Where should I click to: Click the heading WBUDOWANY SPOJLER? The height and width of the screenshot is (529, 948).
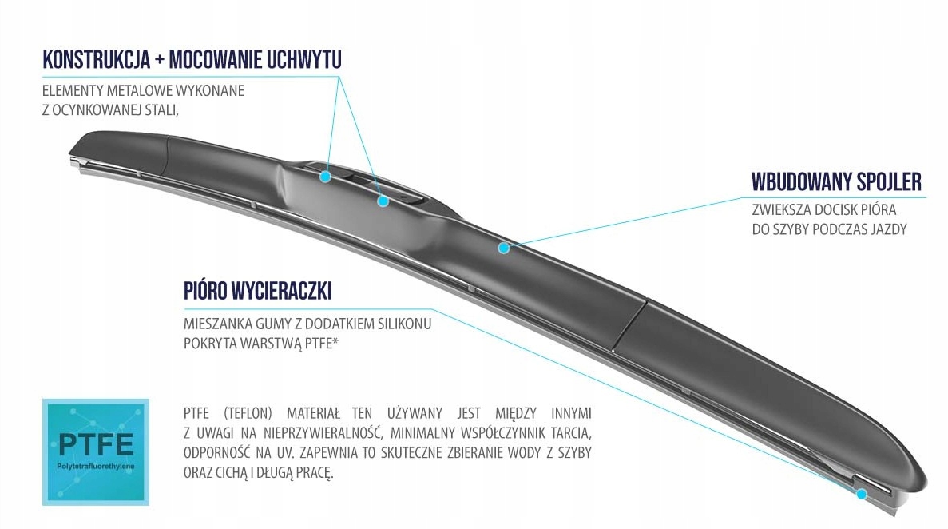[837, 181]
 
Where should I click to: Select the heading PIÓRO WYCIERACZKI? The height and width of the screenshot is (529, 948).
[257, 292]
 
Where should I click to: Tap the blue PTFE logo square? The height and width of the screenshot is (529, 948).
[96, 451]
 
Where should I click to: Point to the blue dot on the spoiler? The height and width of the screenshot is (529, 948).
[503, 248]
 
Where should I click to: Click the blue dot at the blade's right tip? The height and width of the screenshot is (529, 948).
[861, 495]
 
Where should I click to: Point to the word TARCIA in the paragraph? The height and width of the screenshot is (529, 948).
[570, 434]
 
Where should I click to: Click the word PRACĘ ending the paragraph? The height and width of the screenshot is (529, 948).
[311, 473]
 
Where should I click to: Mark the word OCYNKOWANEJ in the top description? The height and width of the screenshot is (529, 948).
[97, 110]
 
